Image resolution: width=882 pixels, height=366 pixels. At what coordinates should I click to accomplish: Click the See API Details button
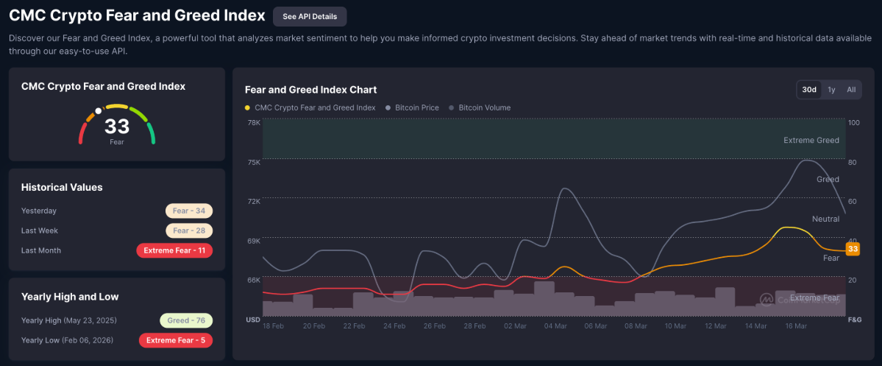point(309,16)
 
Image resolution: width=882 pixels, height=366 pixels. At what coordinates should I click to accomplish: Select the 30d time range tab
point(809,90)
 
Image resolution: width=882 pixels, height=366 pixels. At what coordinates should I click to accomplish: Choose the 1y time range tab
point(831,90)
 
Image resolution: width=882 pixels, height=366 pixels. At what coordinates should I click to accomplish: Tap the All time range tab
point(851,90)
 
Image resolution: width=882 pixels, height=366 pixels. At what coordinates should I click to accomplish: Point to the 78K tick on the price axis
point(253,122)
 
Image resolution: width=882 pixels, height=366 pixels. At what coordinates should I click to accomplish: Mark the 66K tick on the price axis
point(253,280)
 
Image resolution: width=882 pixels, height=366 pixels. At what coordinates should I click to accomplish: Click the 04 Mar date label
point(555,325)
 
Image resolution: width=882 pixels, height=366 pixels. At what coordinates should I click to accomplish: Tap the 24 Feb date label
point(394,325)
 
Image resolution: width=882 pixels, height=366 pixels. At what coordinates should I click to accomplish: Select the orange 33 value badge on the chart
point(853,249)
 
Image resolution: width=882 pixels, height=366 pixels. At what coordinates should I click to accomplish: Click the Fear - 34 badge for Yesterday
point(189,211)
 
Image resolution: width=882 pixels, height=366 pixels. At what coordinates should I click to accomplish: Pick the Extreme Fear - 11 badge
point(174,250)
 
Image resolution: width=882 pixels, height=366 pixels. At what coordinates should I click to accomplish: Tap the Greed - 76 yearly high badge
point(186,320)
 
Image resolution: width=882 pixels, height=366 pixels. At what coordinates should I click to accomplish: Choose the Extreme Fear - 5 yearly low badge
point(176,340)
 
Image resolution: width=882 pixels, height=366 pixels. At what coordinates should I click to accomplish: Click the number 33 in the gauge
point(117,127)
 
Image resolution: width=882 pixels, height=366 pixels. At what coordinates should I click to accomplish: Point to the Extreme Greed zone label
point(811,140)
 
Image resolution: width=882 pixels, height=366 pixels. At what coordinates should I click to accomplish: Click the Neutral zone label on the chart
point(825,219)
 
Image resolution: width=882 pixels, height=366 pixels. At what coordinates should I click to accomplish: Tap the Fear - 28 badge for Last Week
point(189,230)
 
